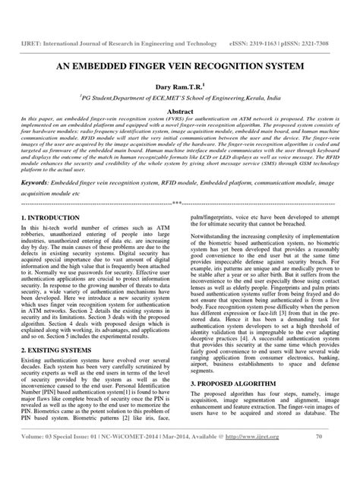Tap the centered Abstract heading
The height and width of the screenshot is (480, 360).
180,110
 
